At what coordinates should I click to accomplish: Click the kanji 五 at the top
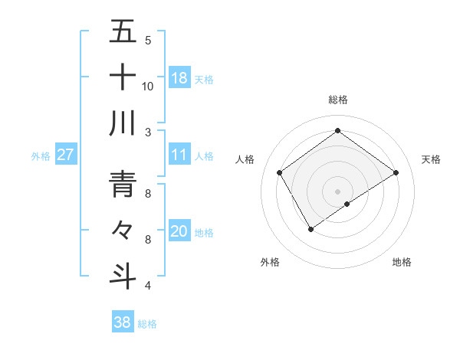pos(123,32)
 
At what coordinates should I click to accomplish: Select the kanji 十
pos(123,77)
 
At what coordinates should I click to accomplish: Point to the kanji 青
pos(123,184)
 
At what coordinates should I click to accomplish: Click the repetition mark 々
pos(123,230)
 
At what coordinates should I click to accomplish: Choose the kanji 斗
pos(123,275)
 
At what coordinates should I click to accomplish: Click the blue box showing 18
pos(179,77)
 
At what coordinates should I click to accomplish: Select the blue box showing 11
pos(179,155)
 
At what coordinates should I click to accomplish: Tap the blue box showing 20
pos(179,231)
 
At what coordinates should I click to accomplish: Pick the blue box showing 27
pos(66,155)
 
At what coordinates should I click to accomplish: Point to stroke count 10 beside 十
pos(148,87)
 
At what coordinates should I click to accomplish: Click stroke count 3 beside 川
pos(148,132)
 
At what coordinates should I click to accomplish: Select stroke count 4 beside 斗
pos(148,286)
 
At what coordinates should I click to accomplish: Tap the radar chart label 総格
pos(337,100)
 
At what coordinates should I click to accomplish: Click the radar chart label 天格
pos(431,159)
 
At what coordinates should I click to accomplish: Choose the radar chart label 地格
pos(402,262)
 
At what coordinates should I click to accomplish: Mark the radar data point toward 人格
pos(280,172)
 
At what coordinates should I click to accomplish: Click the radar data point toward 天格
pos(396,172)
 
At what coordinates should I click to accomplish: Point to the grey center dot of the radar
pos(337,190)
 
